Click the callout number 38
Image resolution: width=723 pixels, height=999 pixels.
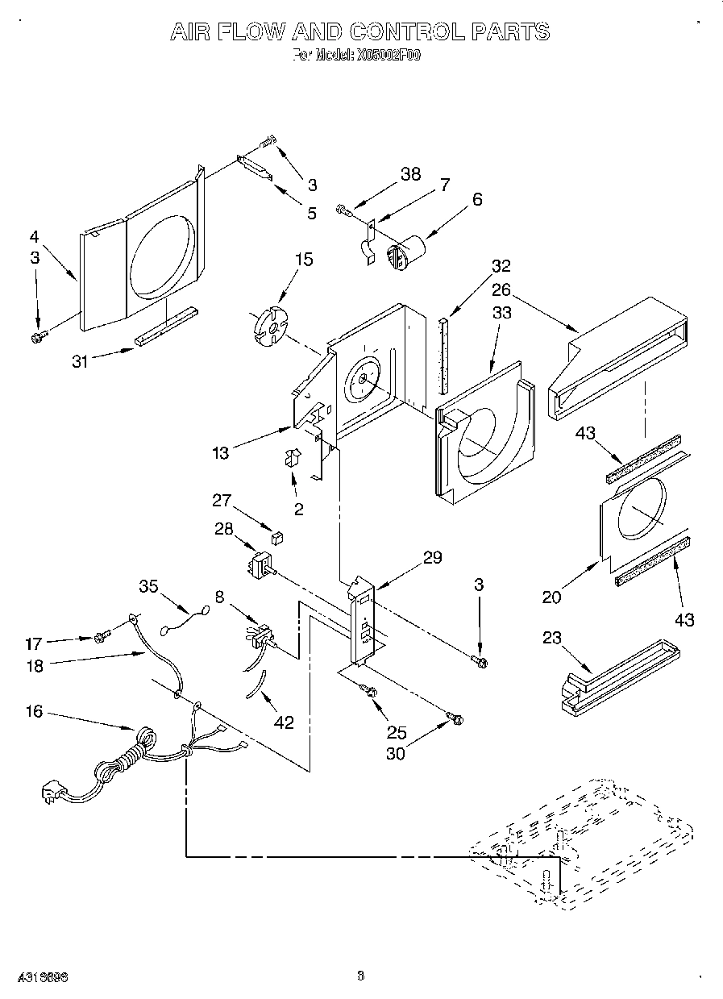[x=411, y=175]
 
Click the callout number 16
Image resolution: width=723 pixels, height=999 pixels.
[x=33, y=713]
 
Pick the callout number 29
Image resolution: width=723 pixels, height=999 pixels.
[x=432, y=557]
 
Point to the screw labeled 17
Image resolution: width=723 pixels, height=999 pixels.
[x=101, y=638]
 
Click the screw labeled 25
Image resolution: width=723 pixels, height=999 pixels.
[x=371, y=690]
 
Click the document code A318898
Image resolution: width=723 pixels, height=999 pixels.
[x=39, y=976]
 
